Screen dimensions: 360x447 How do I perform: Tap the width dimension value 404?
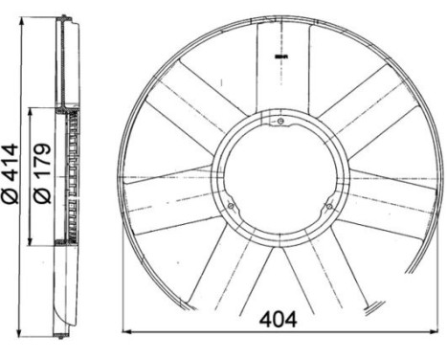[x=279, y=319]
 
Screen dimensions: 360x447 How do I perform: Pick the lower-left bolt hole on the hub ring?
[x=233, y=203]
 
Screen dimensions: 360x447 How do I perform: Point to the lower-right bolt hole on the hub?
[x=327, y=204]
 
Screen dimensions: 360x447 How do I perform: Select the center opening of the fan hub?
[x=279, y=177]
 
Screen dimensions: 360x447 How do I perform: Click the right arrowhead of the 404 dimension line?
[x=435, y=332]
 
